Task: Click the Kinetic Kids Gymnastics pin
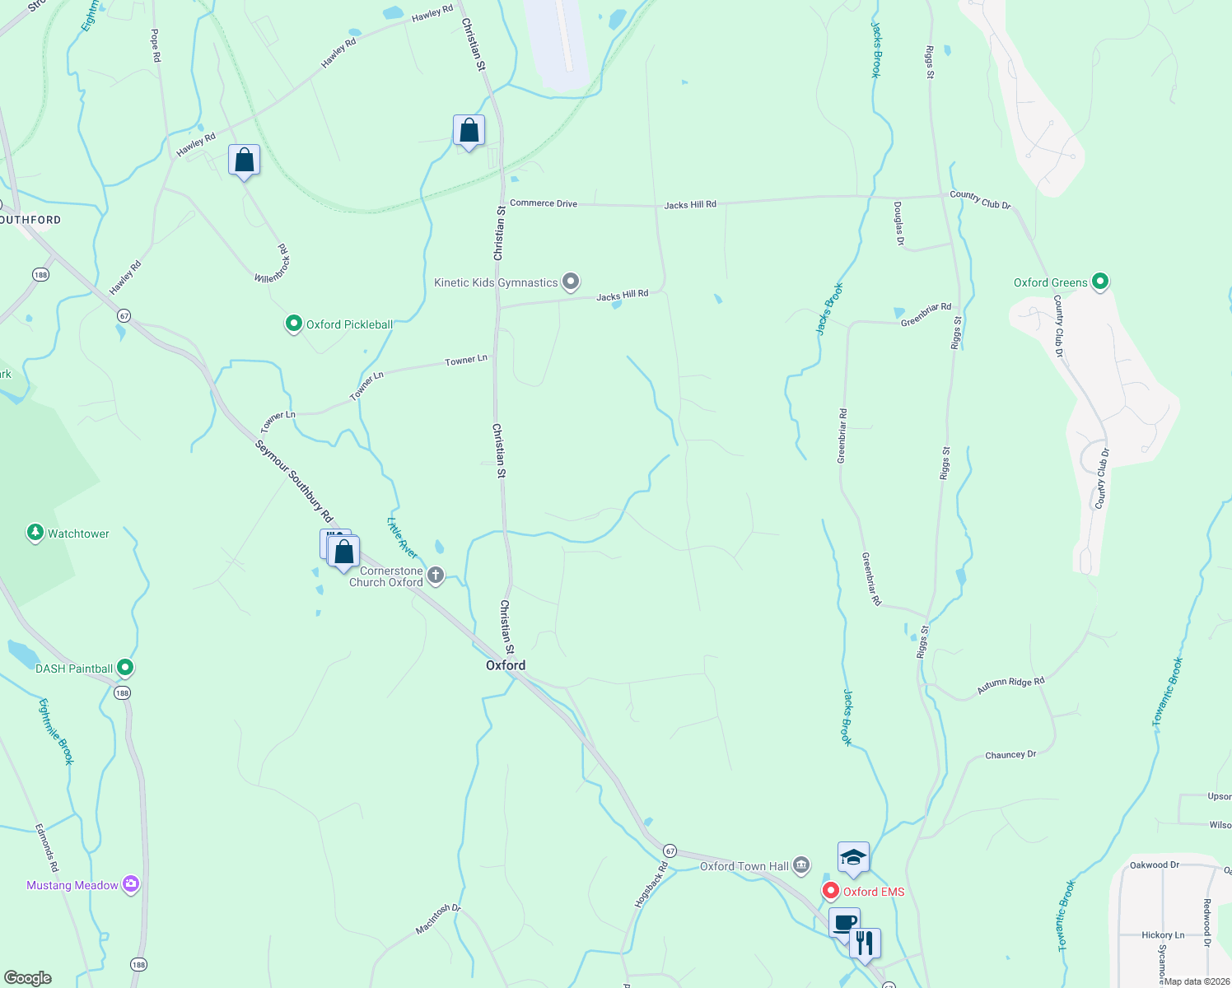571,282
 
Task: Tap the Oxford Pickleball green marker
294,324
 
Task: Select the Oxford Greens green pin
1099,282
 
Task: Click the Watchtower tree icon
35,533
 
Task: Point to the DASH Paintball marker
125,668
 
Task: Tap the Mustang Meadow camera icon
130,884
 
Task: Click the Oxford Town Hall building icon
801,866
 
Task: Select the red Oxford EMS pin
831,891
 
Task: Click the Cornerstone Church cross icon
436,576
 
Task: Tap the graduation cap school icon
853,858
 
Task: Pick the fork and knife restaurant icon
865,943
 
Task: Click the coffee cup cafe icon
844,922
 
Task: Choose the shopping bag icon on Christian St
469,130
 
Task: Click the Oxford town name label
506,665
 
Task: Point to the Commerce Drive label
544,203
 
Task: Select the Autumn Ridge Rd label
1010,685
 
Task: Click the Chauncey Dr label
1010,754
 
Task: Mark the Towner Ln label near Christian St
466,361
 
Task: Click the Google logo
28,978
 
